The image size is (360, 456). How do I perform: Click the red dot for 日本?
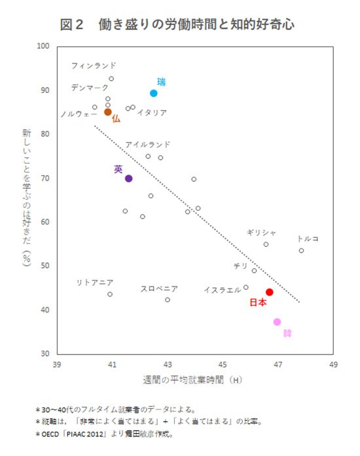(x=269, y=292)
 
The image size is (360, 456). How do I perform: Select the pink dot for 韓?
(x=277, y=322)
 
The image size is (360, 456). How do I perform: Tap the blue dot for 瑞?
(x=154, y=94)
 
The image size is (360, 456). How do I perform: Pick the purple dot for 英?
(x=128, y=179)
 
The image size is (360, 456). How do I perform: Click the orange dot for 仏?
(x=108, y=112)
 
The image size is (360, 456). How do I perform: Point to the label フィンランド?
(x=94, y=65)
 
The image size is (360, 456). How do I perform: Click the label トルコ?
(x=308, y=239)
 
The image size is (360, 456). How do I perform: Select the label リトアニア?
(x=95, y=282)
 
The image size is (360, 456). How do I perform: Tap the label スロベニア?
(x=159, y=289)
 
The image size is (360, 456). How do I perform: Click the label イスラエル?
(x=222, y=290)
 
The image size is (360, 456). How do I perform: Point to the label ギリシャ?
(x=262, y=232)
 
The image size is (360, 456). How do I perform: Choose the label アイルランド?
(x=148, y=144)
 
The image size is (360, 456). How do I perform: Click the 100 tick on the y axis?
(x=44, y=46)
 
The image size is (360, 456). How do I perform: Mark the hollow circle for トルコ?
(x=301, y=251)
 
